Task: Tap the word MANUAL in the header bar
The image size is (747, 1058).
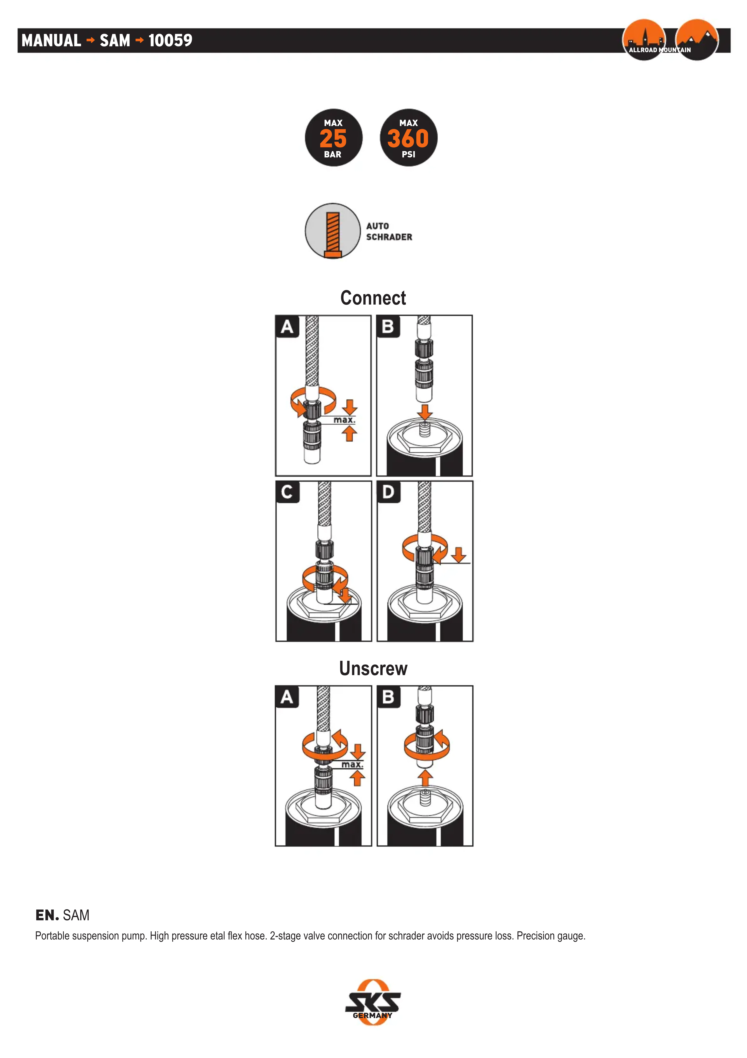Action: [x=51, y=41]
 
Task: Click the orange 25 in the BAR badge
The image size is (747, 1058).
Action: [x=333, y=138]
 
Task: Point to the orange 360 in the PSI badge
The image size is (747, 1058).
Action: [x=408, y=138]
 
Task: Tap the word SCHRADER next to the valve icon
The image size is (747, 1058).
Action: [x=389, y=237]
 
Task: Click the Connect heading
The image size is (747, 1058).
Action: [x=373, y=298]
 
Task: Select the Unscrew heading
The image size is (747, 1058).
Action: [x=373, y=669]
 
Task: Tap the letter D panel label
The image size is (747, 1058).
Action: [x=388, y=492]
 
